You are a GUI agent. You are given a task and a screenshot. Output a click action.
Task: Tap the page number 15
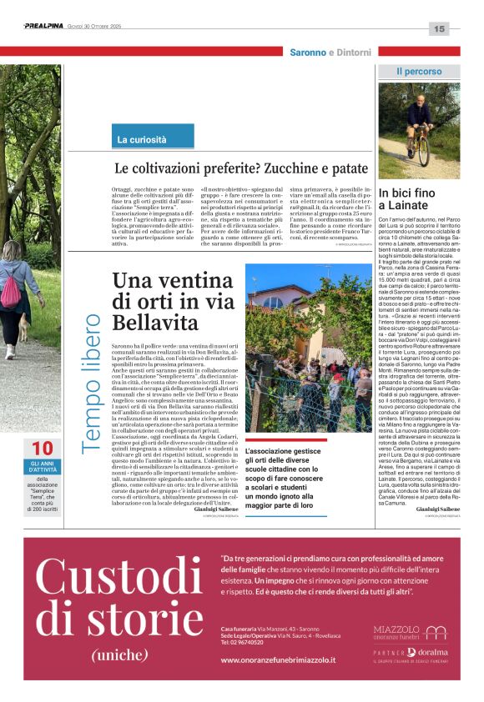(440, 29)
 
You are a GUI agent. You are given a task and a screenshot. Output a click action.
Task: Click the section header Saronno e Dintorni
(330, 53)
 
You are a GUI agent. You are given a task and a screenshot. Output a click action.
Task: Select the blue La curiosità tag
(141, 139)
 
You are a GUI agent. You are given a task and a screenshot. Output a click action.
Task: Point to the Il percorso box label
(419, 72)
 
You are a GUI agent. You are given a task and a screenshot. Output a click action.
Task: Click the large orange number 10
(42, 449)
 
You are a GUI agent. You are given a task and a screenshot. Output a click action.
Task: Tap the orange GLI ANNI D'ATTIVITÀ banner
(43, 467)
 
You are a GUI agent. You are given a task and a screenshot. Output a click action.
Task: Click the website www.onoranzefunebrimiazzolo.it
(278, 659)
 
